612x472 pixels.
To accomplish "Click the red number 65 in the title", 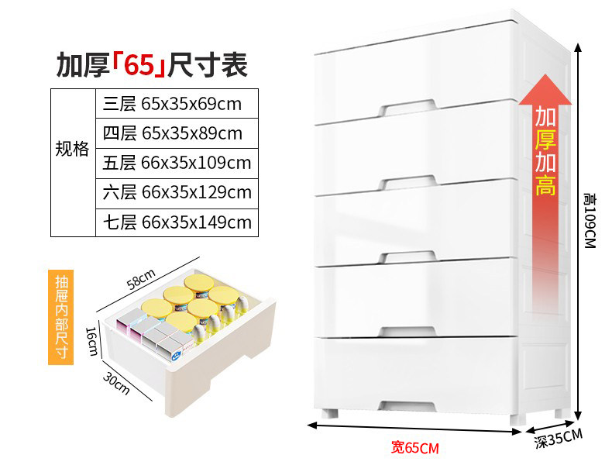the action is pyautogui.click(x=140, y=66).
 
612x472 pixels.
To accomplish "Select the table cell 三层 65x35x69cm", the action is pyautogui.click(x=176, y=104).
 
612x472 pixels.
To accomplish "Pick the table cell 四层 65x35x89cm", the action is pyautogui.click(x=176, y=133).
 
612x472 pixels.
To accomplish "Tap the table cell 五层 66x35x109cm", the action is pyautogui.click(x=176, y=163).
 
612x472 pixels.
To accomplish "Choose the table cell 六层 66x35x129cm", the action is pyautogui.click(x=176, y=192).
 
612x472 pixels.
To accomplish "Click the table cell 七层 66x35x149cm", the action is pyautogui.click(x=176, y=222).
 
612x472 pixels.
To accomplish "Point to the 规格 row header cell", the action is pyautogui.click(x=72, y=149).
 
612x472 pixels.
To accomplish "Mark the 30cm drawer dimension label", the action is pyautogui.click(x=116, y=383).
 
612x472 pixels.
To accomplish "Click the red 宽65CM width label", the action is pyautogui.click(x=414, y=447).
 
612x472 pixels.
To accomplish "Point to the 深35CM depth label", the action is pyautogui.click(x=559, y=440).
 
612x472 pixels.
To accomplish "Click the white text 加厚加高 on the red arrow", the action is pyautogui.click(x=545, y=152).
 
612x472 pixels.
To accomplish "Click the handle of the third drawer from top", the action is pyautogui.click(x=408, y=255).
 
